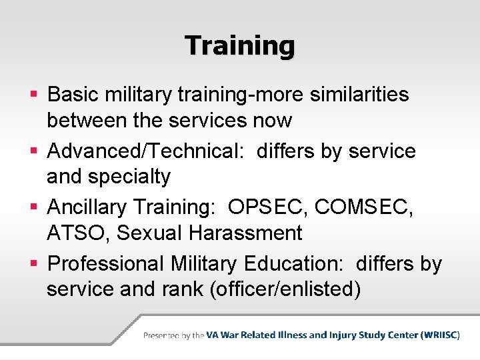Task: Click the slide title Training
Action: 240,46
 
